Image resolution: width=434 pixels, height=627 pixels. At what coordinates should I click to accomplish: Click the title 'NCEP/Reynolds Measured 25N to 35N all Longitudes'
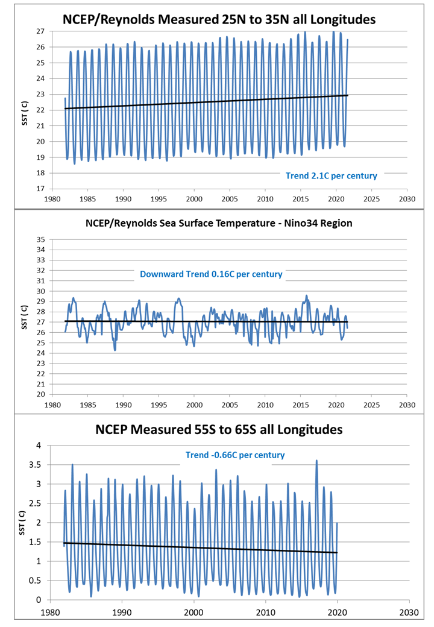click(219, 19)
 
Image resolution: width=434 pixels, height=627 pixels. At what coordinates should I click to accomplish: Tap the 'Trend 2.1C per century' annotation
click(332, 176)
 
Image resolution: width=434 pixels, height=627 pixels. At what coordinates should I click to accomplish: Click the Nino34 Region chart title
click(219, 224)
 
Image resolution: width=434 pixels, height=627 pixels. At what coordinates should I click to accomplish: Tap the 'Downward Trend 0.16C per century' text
click(211, 274)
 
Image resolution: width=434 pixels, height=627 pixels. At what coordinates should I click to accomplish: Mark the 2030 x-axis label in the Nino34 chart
click(407, 405)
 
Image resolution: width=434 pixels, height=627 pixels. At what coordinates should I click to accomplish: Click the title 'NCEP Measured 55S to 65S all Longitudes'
click(219, 430)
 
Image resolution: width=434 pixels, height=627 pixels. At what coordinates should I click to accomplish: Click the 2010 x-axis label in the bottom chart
click(265, 611)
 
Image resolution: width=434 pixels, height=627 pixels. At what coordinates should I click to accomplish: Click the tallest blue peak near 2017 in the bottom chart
click(316, 461)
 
